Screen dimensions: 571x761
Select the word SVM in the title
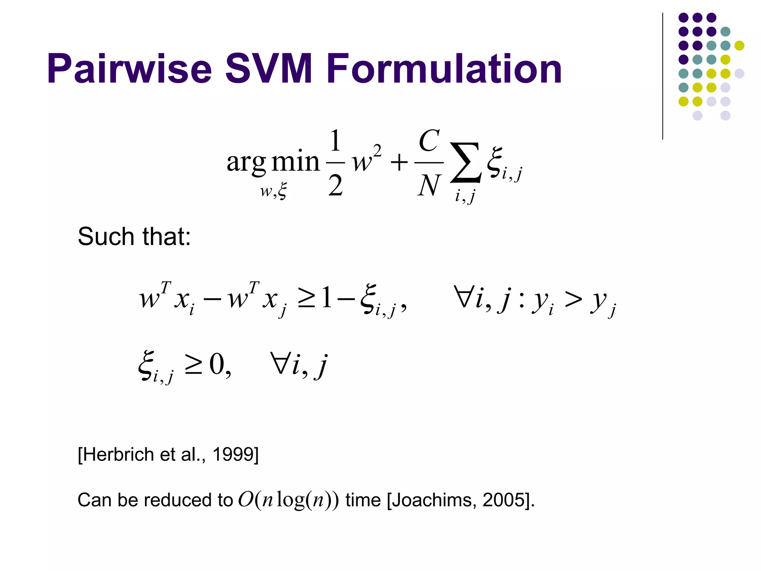[269, 69]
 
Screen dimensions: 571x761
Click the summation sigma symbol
[466, 163]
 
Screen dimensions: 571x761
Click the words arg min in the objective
[273, 162]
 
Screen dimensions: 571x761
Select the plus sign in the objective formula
[399, 163]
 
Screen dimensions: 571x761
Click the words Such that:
[134, 236]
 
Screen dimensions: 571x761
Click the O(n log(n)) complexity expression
[288, 500]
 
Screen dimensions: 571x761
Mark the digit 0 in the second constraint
[217, 364]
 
